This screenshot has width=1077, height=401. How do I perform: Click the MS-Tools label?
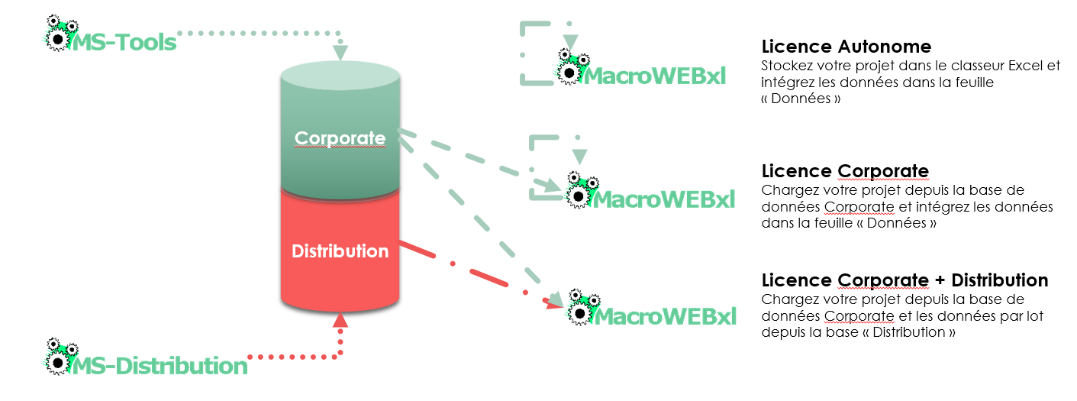coord(124,42)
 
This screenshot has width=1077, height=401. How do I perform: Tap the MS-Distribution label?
coord(160,365)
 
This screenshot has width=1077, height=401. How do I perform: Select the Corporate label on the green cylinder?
coord(340,138)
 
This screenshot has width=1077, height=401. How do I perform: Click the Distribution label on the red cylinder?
coord(340,251)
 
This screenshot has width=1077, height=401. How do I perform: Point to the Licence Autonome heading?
coord(846,47)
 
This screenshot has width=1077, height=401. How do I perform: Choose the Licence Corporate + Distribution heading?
coord(904,280)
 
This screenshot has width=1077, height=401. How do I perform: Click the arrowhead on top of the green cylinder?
coord(340,53)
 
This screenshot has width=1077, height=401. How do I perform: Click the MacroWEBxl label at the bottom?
coord(664,315)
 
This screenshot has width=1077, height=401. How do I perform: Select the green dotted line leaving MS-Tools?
coord(260,34)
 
